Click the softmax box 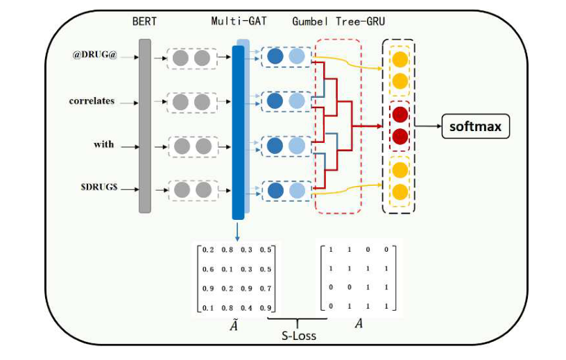pos(476,127)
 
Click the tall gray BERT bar pos(144,125)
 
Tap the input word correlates pos(92,101)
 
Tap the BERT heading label pos(145,21)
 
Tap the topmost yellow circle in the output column pos(399,58)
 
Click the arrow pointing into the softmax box pos(429,127)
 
